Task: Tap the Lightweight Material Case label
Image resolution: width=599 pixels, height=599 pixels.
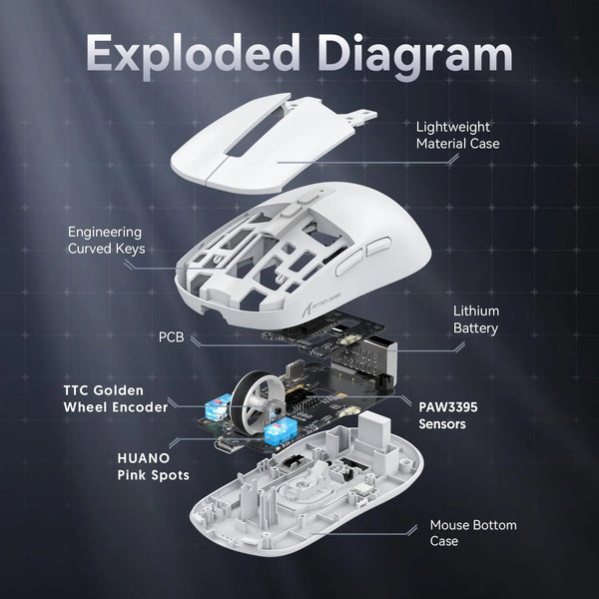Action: point(457,135)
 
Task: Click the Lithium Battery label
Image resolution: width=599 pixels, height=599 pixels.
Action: point(475,319)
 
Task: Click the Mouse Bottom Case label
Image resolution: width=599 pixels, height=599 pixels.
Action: point(472,532)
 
